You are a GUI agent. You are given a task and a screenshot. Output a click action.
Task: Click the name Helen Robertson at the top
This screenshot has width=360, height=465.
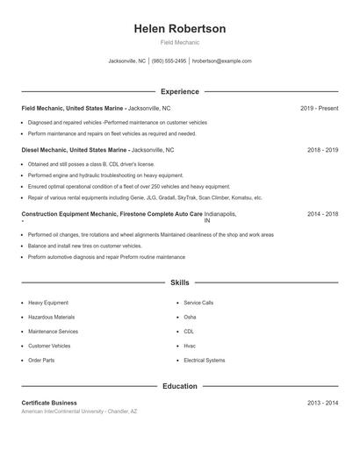click(180, 29)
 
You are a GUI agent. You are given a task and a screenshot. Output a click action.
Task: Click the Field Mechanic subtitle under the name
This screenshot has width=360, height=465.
click(180, 42)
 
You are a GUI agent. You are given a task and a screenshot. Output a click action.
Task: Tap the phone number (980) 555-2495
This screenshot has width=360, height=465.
click(169, 61)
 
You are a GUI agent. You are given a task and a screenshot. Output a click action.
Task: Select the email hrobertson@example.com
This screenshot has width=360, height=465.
click(222, 61)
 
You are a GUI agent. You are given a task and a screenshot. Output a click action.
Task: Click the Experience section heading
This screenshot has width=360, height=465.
click(180, 91)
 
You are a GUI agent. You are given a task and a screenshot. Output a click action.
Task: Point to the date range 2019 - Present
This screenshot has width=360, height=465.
click(319, 108)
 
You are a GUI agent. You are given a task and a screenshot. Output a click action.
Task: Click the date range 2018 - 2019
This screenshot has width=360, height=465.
click(322, 150)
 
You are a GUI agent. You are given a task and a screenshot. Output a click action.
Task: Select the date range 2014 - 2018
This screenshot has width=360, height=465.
click(322, 214)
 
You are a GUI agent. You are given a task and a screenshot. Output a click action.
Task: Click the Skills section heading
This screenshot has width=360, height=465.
click(180, 283)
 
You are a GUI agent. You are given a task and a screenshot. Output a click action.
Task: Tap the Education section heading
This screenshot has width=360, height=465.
click(180, 386)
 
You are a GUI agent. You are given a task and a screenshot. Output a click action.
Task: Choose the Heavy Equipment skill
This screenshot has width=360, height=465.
click(47, 303)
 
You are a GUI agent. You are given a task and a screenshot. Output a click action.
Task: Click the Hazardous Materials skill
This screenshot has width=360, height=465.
click(51, 317)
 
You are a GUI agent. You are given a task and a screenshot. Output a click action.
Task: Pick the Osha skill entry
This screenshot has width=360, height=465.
click(190, 317)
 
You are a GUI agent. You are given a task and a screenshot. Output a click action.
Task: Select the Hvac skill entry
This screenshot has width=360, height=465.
click(190, 346)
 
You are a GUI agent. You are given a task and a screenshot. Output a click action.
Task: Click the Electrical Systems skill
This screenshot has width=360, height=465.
click(204, 361)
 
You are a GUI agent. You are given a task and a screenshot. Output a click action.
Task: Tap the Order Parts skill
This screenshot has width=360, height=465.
click(41, 361)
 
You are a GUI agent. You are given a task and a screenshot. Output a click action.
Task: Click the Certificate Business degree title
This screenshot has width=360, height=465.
click(49, 403)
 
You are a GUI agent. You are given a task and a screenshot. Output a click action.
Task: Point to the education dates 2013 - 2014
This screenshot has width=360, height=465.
click(322, 403)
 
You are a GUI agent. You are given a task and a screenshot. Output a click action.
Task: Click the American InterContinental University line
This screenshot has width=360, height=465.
click(79, 411)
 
